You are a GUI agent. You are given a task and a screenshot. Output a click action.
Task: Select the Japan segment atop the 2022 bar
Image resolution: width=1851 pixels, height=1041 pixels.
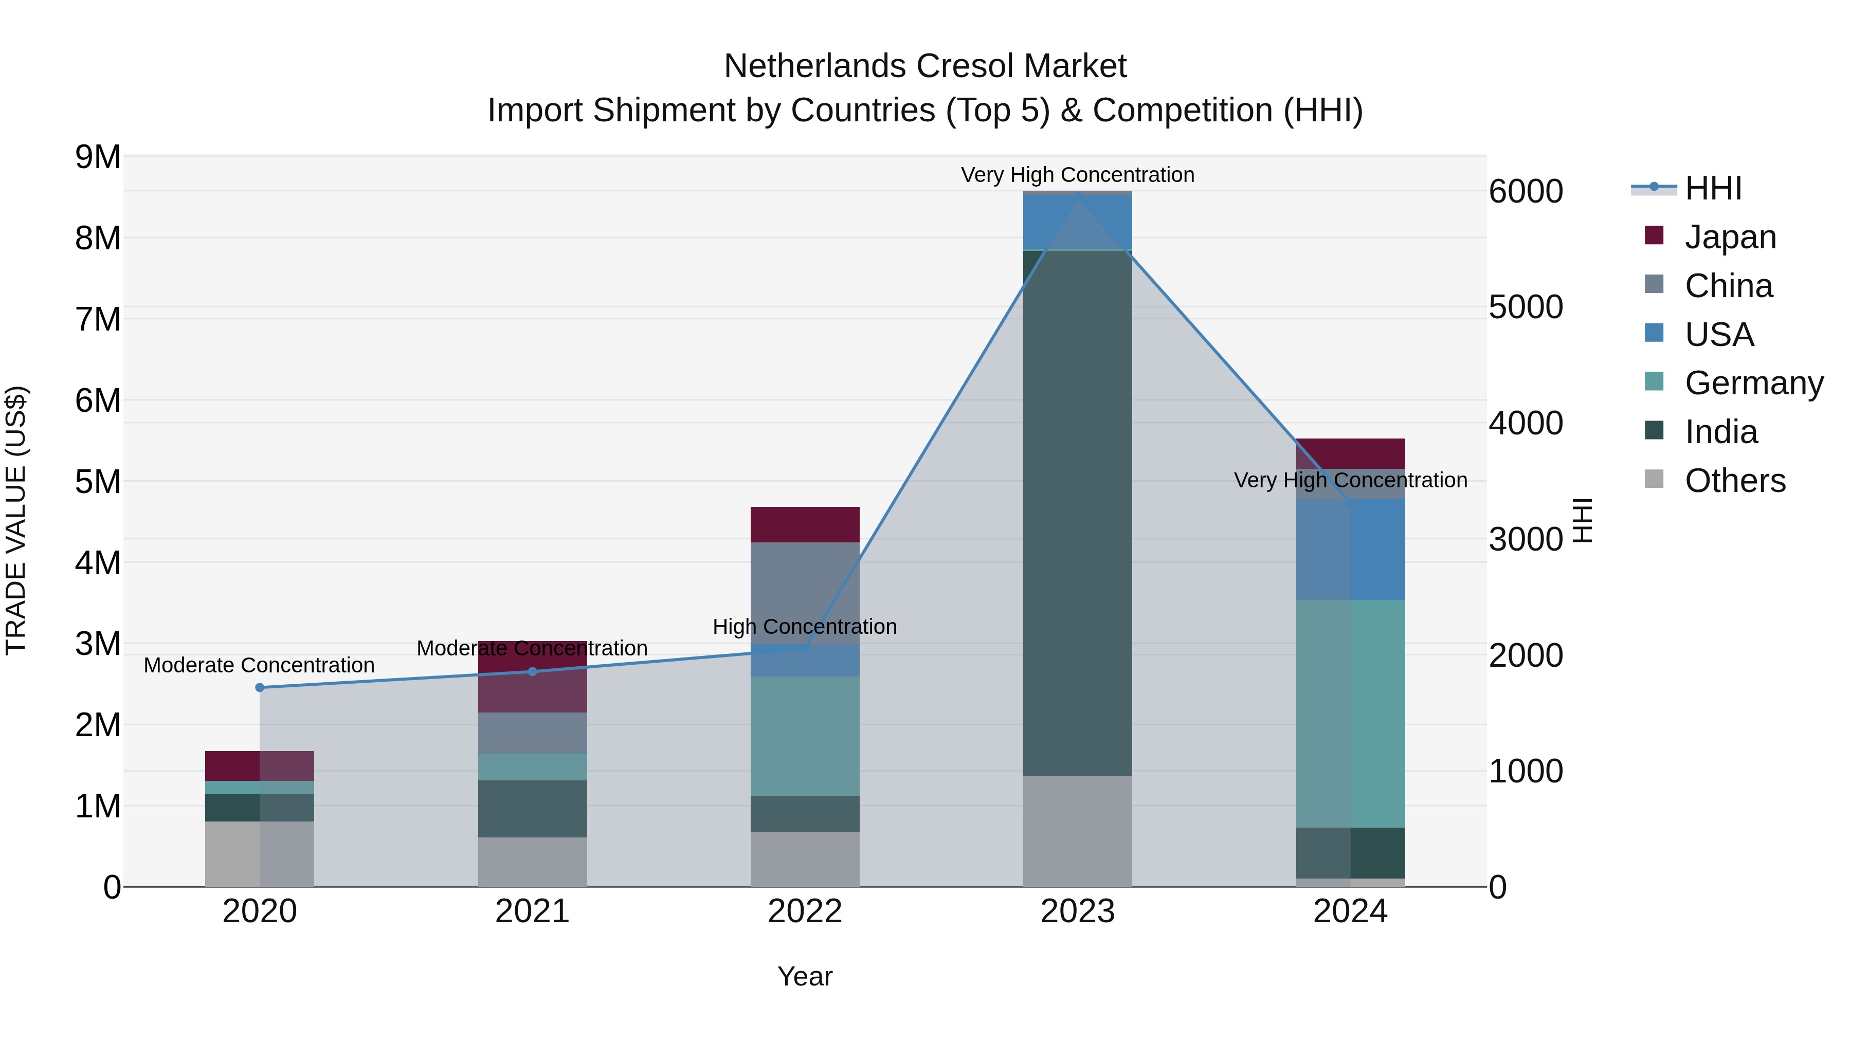[805, 524]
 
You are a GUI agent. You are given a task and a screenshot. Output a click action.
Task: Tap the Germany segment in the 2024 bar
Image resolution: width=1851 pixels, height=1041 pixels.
[1350, 714]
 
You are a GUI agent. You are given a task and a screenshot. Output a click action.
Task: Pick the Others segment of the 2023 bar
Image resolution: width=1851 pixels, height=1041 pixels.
[1077, 831]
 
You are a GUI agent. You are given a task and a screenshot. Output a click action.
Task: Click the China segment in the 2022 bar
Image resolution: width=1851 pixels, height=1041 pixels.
[805, 593]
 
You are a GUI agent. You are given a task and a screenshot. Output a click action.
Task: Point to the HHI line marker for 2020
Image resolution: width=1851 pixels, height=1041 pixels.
[260, 687]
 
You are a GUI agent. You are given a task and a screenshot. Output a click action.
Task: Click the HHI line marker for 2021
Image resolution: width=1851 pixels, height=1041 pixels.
[533, 672]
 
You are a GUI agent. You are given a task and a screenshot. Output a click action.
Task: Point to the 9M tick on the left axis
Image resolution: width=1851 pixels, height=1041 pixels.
[98, 157]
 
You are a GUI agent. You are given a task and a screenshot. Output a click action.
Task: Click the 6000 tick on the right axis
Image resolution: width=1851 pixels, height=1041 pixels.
[1526, 191]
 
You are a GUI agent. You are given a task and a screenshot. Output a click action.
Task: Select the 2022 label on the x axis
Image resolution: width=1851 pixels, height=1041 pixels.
[805, 911]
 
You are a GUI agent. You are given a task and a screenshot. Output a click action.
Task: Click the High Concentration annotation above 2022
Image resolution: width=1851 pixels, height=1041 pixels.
[805, 627]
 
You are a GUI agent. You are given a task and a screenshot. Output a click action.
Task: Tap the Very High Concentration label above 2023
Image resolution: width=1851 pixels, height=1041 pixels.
[1077, 175]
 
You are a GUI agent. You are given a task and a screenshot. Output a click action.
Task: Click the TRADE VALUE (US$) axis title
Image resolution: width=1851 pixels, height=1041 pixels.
[16, 520]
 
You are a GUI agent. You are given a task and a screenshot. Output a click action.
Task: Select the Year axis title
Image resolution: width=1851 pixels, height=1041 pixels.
[805, 976]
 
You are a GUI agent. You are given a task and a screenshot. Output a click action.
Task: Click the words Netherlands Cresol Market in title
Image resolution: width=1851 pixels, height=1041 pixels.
[925, 66]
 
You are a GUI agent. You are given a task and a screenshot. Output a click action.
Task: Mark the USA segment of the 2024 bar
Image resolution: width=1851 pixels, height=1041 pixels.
[1350, 550]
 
